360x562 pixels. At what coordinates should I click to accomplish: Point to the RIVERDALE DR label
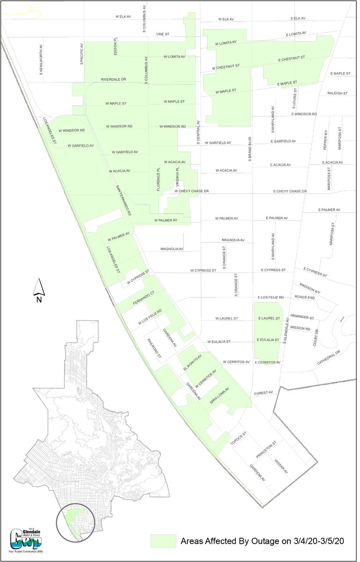(x=114, y=80)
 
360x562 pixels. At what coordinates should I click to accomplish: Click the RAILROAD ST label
(x=154, y=349)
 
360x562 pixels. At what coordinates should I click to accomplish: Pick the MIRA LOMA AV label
(x=219, y=395)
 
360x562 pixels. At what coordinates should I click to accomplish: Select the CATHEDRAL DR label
(x=333, y=358)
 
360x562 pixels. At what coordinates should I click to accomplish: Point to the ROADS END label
(x=304, y=297)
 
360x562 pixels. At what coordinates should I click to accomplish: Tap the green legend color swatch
(x=163, y=541)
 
